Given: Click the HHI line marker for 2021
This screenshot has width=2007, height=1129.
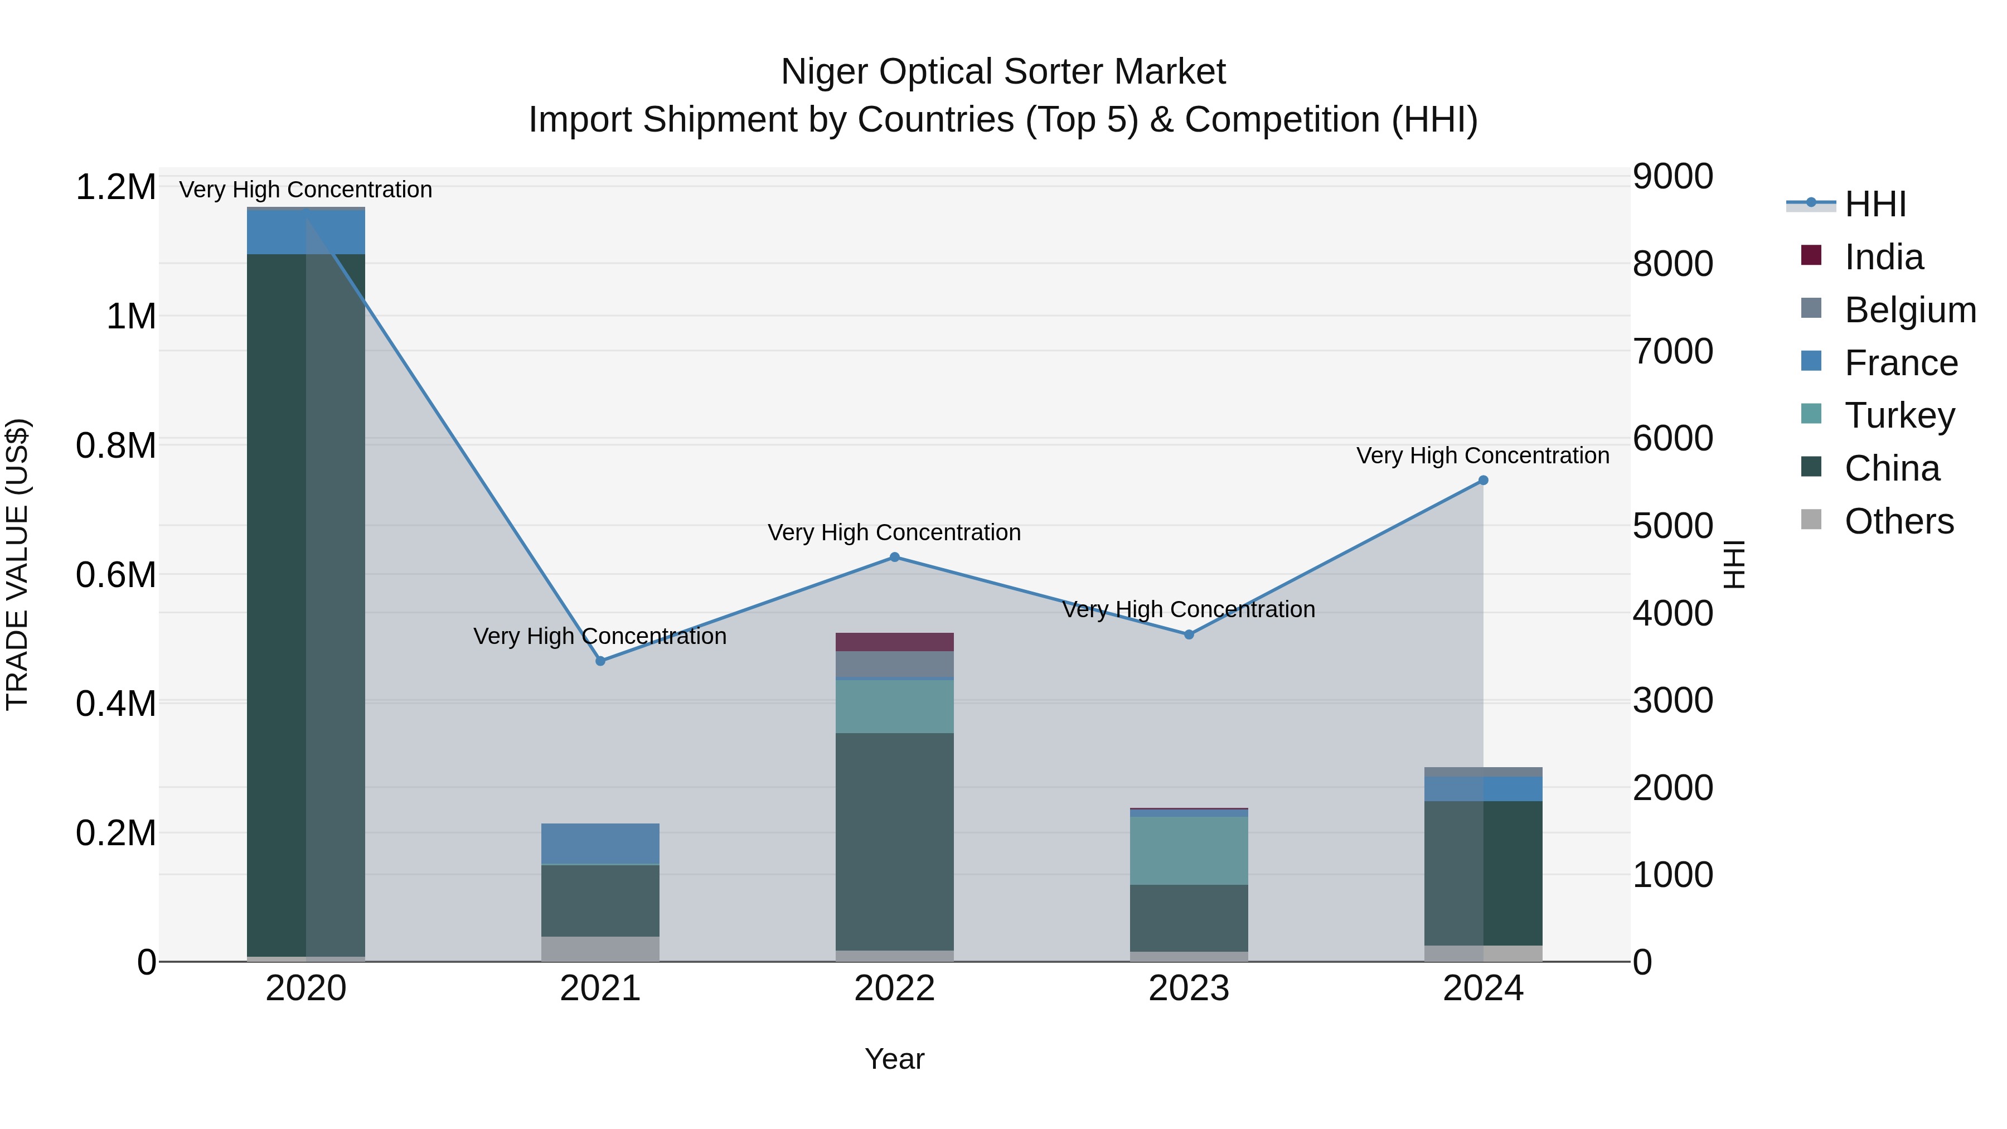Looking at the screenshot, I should click(x=600, y=661).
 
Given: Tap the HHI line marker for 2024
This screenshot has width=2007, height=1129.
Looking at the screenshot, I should click(x=1482, y=481).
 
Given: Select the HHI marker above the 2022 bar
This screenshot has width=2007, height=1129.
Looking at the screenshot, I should click(x=894, y=557).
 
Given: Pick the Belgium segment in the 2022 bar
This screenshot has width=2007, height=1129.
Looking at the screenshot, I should click(x=894, y=664).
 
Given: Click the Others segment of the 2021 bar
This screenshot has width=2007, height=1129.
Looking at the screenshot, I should click(x=600, y=948).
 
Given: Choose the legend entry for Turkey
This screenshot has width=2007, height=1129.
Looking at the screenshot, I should click(x=1899, y=415).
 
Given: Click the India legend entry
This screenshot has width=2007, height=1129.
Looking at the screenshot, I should click(x=1883, y=257).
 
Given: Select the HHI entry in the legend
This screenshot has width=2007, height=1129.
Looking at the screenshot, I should click(x=1874, y=204).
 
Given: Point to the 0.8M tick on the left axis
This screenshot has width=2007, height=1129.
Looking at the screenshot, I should click(x=115, y=445).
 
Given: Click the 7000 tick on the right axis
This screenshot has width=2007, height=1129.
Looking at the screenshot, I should click(x=1672, y=351).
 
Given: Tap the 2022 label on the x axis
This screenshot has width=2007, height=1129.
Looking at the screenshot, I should click(x=894, y=989).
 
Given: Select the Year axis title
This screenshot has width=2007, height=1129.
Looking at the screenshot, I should click(x=894, y=1059).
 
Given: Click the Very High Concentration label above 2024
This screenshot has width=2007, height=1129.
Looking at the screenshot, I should click(x=1482, y=456).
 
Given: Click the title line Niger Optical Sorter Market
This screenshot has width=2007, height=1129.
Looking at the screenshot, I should click(x=1003, y=72).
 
